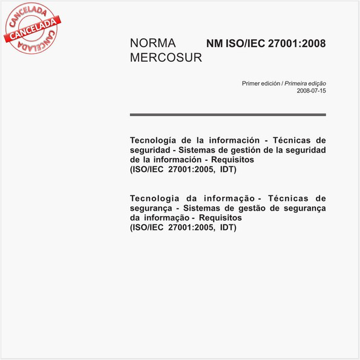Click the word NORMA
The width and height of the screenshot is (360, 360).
point(153,44)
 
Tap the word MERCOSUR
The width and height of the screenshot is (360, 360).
point(166,58)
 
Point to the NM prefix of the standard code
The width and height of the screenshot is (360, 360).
point(215,44)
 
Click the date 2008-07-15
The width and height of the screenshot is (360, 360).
point(311,91)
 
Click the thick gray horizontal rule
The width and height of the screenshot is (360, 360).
point(228,114)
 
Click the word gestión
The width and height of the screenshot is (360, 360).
point(260,149)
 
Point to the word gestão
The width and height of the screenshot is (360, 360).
point(257,208)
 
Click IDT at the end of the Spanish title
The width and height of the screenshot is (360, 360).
point(229,169)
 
